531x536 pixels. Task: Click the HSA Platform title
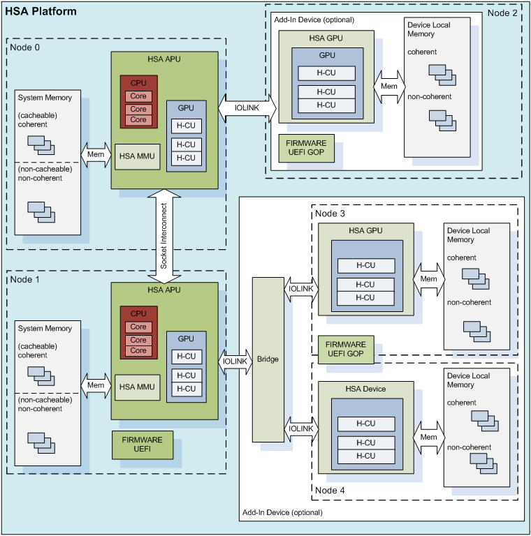41,13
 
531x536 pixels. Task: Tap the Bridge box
268,359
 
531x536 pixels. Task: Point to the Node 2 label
502,13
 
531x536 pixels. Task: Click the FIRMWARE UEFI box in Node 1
143,445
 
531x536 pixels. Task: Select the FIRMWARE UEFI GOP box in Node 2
306,147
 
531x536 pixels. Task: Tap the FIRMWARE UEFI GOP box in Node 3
346,349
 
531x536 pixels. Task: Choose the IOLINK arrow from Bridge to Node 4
300,428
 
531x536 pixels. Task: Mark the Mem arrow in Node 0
96,154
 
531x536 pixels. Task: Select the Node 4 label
330,490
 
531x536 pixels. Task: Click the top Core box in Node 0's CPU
138,96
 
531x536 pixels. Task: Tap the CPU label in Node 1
138,314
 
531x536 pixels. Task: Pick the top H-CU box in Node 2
326,73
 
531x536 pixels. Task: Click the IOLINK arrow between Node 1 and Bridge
236,360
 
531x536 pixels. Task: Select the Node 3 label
330,213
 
